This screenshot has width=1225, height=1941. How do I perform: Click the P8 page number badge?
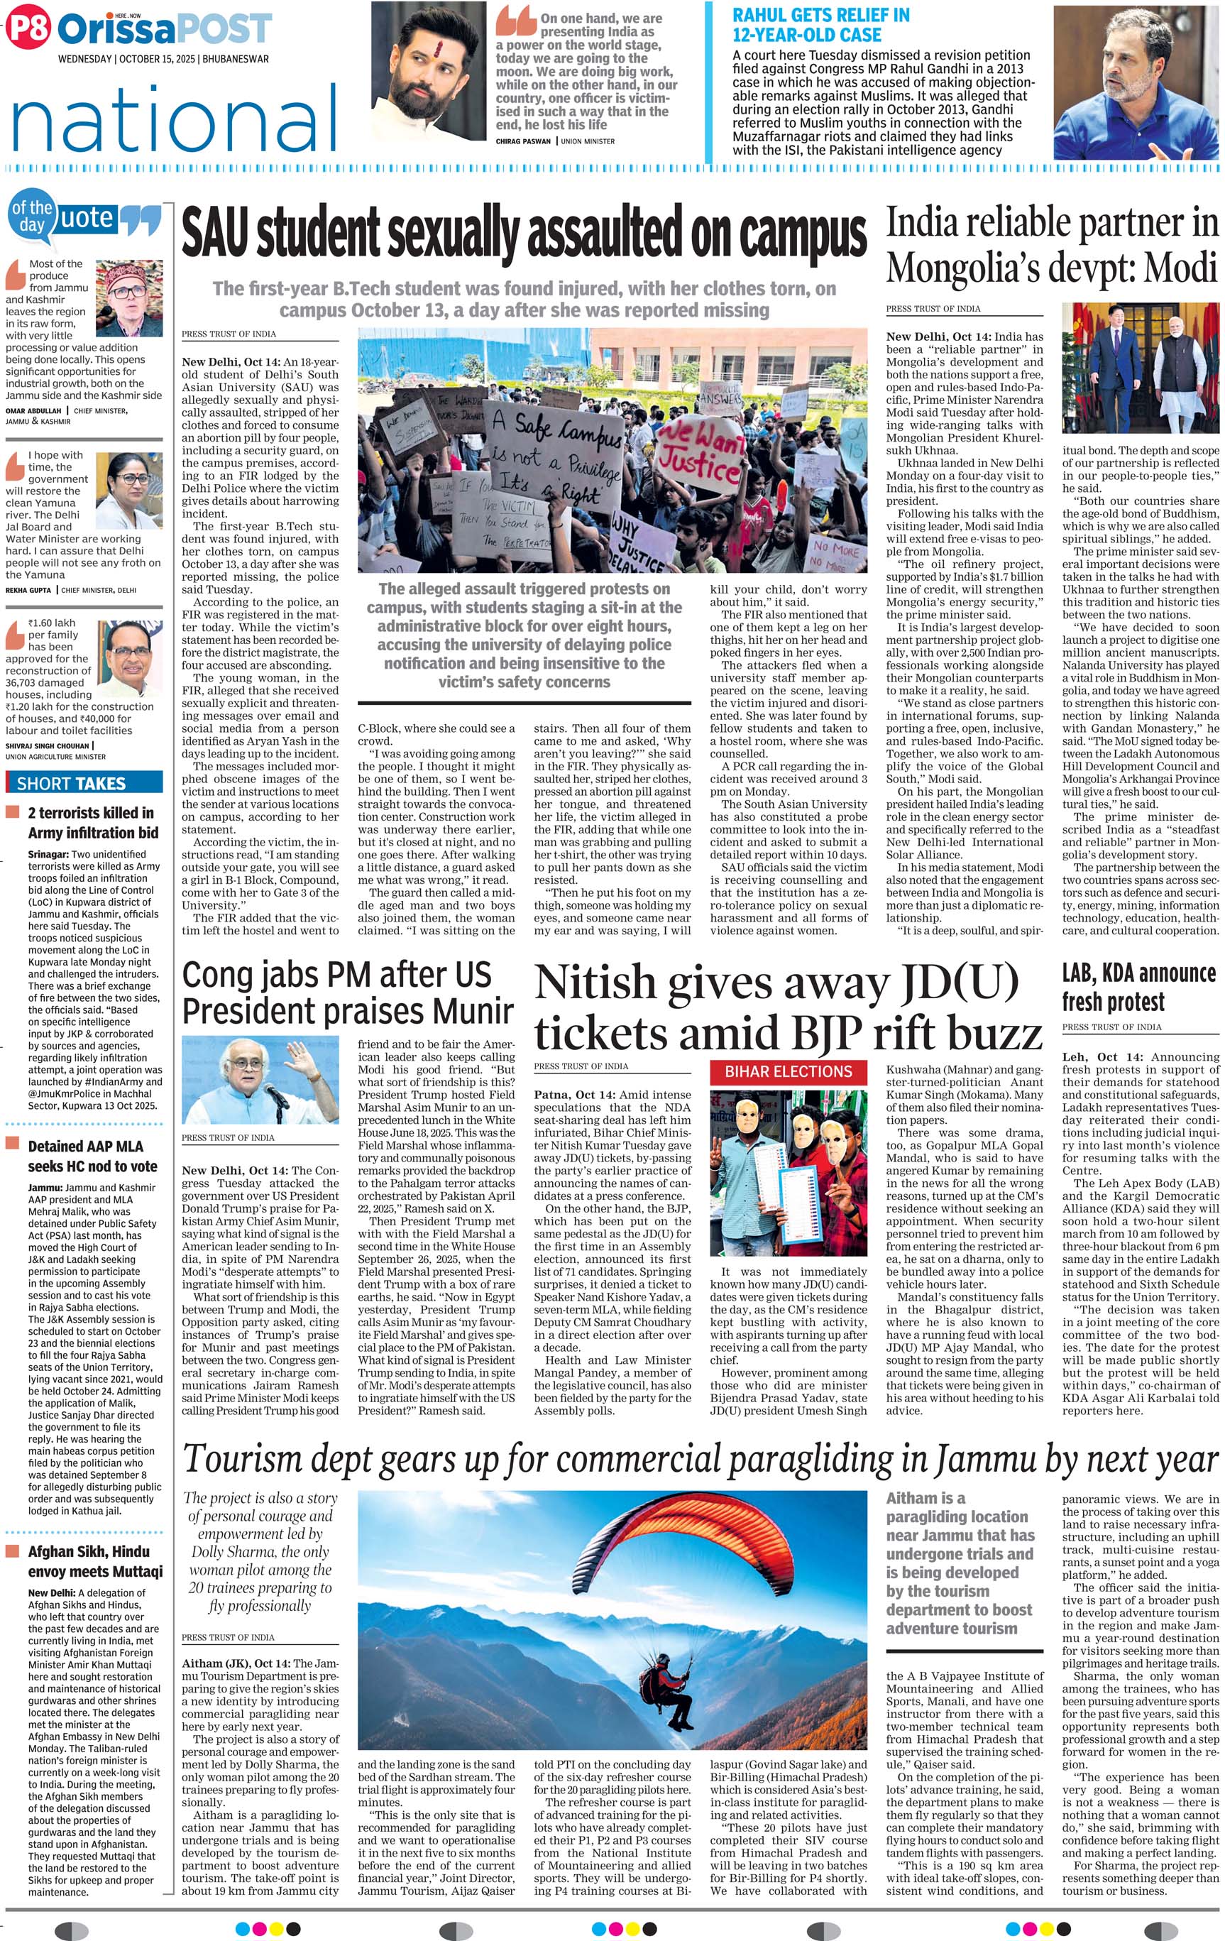(28, 29)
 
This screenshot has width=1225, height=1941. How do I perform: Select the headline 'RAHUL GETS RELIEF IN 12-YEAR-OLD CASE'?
(820, 25)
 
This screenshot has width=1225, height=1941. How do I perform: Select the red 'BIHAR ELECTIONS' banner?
(789, 1071)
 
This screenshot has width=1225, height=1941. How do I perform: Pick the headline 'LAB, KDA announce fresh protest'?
(1138, 987)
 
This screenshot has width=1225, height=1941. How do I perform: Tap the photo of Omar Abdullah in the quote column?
(129, 297)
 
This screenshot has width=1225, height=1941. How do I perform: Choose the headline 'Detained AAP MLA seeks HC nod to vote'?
(85, 1156)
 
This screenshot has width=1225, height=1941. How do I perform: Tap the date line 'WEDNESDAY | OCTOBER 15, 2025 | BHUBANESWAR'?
(163, 60)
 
